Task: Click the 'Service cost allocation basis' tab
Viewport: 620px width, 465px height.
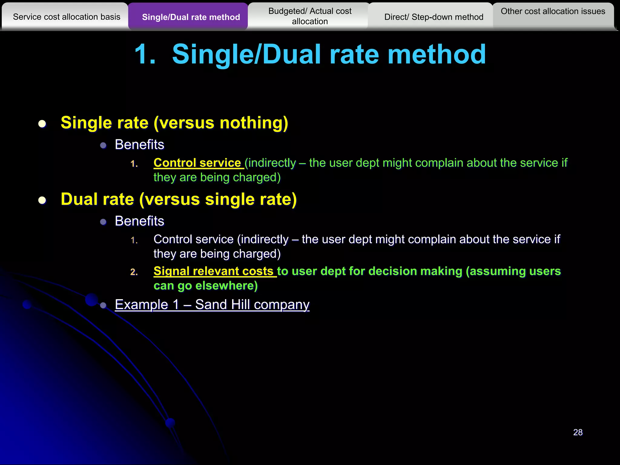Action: click(67, 17)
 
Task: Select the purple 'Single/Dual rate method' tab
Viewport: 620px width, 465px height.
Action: click(191, 17)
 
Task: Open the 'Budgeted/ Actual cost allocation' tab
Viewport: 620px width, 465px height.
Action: click(310, 16)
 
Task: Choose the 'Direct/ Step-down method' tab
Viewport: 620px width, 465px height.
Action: click(434, 17)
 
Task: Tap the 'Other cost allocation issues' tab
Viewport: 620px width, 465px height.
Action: click(553, 12)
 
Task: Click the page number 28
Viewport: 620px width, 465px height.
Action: click(578, 432)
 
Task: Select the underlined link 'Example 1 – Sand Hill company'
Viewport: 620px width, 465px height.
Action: click(212, 305)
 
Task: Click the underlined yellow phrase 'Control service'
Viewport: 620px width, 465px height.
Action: click(197, 163)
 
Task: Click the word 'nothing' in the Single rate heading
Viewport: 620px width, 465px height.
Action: click(250, 123)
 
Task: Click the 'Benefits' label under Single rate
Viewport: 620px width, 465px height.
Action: click(140, 145)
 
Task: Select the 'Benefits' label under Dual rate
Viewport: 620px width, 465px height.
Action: click(140, 221)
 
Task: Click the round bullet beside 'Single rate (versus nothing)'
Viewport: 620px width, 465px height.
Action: click(42, 124)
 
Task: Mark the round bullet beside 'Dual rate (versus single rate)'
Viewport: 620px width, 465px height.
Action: click(42, 200)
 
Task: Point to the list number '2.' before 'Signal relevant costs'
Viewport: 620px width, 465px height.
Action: click(134, 272)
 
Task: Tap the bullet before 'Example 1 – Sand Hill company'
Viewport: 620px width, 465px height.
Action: click(103, 305)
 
